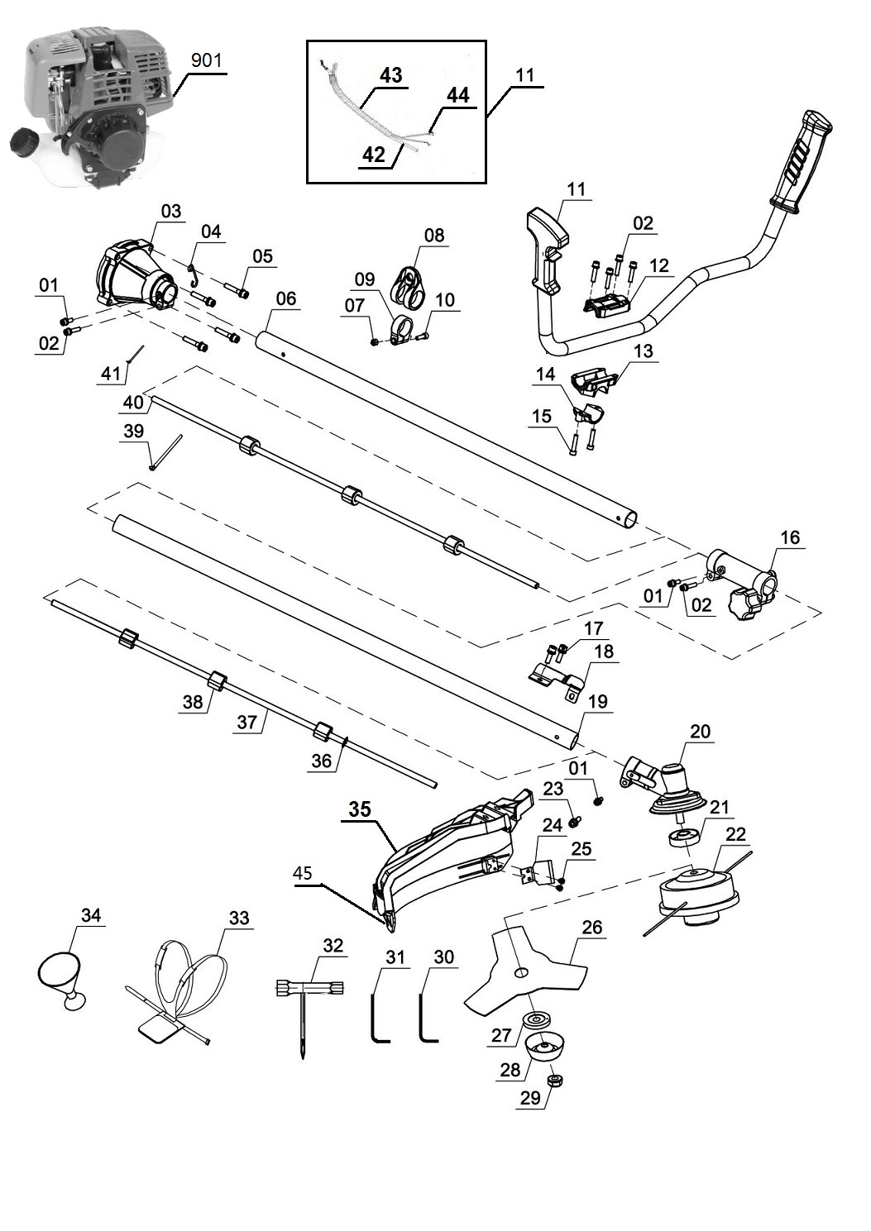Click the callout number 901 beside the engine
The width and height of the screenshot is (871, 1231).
click(206, 60)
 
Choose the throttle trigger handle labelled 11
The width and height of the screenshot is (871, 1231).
click(547, 250)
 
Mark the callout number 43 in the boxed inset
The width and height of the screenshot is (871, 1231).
click(391, 74)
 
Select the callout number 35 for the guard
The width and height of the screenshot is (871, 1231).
click(360, 809)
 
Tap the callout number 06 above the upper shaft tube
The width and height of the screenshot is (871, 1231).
click(285, 299)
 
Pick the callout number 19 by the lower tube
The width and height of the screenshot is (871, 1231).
click(598, 701)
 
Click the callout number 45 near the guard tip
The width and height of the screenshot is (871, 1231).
click(303, 873)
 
